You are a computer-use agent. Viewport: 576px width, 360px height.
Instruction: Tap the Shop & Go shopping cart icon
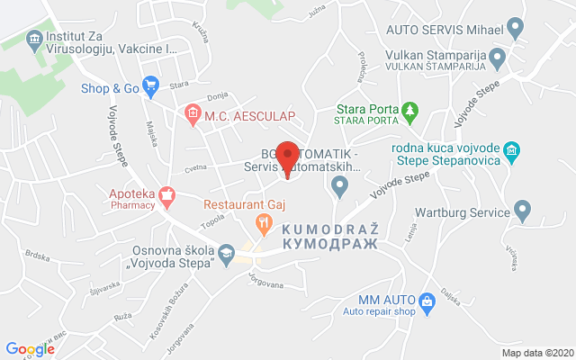click(x=150, y=87)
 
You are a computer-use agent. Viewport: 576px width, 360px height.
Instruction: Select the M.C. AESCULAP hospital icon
click(x=192, y=112)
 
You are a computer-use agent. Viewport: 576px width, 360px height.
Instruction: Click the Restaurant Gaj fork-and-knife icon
click(x=263, y=220)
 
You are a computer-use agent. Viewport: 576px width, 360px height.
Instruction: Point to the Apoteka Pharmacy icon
click(x=166, y=194)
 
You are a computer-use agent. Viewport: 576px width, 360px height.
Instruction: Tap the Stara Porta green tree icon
click(x=411, y=110)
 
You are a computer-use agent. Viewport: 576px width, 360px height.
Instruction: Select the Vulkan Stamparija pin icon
click(x=498, y=57)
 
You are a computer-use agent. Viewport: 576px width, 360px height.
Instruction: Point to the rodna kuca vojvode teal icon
click(x=511, y=149)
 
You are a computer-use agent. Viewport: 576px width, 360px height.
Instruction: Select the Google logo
click(x=30, y=348)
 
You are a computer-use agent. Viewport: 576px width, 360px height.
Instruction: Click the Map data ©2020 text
click(x=536, y=353)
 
